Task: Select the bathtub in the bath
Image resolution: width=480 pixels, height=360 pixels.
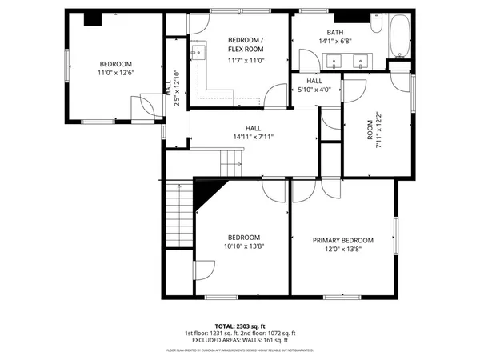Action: (x=398, y=36)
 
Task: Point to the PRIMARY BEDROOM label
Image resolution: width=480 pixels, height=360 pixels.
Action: (x=342, y=240)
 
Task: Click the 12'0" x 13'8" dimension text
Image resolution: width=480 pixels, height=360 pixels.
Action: (x=342, y=250)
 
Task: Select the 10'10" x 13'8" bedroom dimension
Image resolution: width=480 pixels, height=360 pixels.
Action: (x=243, y=247)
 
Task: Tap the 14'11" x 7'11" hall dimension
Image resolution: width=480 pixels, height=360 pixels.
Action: (x=254, y=137)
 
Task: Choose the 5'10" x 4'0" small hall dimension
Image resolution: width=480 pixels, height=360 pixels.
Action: (x=314, y=90)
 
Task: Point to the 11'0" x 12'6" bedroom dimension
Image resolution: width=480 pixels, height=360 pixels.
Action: (x=115, y=74)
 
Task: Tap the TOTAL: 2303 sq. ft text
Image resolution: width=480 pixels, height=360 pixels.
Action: (x=240, y=326)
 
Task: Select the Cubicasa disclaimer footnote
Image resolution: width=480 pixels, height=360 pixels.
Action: (x=240, y=350)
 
